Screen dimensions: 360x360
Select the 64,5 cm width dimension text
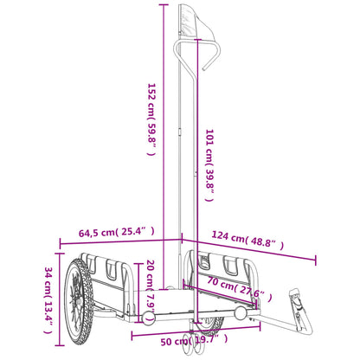coord(106,232)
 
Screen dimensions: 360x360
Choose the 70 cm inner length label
coord(235,287)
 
